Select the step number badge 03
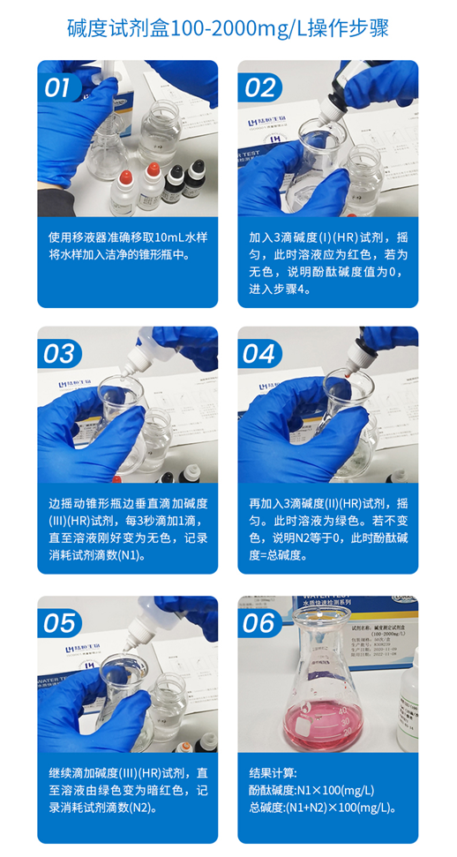59,354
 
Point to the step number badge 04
259,354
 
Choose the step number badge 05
59,623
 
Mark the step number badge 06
259,623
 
